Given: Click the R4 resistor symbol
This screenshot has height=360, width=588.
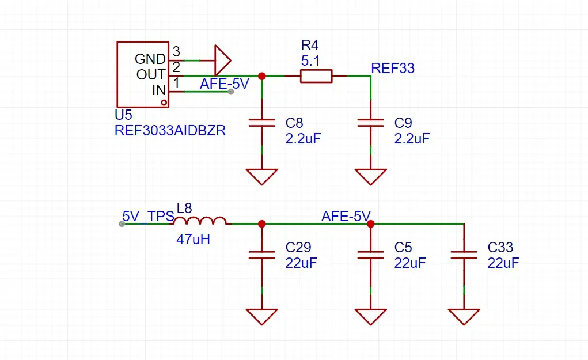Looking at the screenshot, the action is (x=316, y=76).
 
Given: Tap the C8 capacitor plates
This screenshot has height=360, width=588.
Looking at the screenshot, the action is (x=262, y=123).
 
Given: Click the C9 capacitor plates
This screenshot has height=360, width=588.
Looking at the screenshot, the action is (x=370, y=123).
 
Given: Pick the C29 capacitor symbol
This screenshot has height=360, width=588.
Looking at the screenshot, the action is (x=262, y=255).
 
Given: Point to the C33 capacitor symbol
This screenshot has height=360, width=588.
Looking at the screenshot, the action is (x=464, y=255).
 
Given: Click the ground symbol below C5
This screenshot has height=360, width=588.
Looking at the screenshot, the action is (x=370, y=316).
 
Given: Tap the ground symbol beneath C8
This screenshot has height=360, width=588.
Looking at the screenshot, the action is (x=262, y=177).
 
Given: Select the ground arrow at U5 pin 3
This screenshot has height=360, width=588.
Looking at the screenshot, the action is (x=222, y=60).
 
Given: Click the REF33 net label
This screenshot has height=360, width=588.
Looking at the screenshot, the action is (x=393, y=68).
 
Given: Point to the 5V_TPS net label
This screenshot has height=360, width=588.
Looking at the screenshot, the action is (x=148, y=217).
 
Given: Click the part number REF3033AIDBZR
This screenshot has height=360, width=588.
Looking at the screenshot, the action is (x=170, y=131).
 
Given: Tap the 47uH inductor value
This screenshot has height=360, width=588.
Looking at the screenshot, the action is (x=193, y=239).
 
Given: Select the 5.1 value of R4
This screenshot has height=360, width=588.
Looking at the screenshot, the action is (x=310, y=60).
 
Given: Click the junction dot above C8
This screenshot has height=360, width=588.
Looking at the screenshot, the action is (x=262, y=76).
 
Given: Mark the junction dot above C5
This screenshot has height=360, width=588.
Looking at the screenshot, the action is (x=370, y=224).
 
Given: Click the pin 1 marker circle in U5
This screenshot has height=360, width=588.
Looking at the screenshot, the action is (x=164, y=103).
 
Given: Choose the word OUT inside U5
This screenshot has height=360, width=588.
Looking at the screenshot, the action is (x=151, y=75).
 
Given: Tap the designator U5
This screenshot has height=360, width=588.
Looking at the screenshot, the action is (x=123, y=115).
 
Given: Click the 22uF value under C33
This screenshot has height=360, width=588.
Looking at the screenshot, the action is (x=503, y=263).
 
